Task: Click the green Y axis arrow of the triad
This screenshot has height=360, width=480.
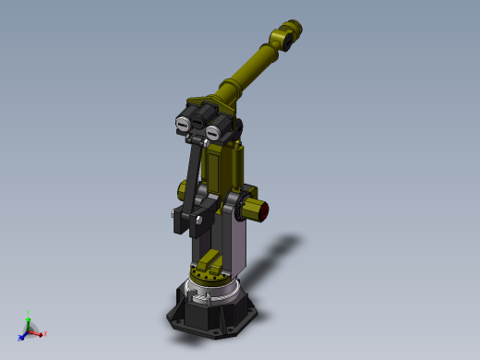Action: [x=29, y=319]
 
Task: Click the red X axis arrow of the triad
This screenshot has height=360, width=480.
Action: [x=42, y=333]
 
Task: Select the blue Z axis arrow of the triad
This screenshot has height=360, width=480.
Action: [x=22, y=335]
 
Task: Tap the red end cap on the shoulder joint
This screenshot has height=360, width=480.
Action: [x=264, y=209]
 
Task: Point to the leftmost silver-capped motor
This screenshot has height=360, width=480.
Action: [x=184, y=123]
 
